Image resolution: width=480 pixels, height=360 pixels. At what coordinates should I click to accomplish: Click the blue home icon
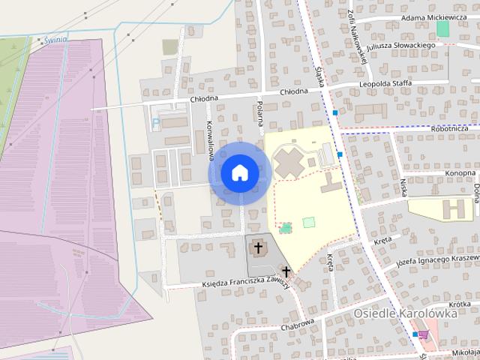238,172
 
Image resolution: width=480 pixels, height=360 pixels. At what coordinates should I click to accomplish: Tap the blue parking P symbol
156,121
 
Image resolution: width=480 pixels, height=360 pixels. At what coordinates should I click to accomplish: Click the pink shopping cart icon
424,335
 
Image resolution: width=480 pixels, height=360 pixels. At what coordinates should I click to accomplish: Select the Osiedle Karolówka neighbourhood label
406,314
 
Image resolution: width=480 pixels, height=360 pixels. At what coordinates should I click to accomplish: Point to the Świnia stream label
55,40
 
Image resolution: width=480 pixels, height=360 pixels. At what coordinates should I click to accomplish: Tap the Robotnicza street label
450,128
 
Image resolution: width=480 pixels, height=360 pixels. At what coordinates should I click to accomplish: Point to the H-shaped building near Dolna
455,207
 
